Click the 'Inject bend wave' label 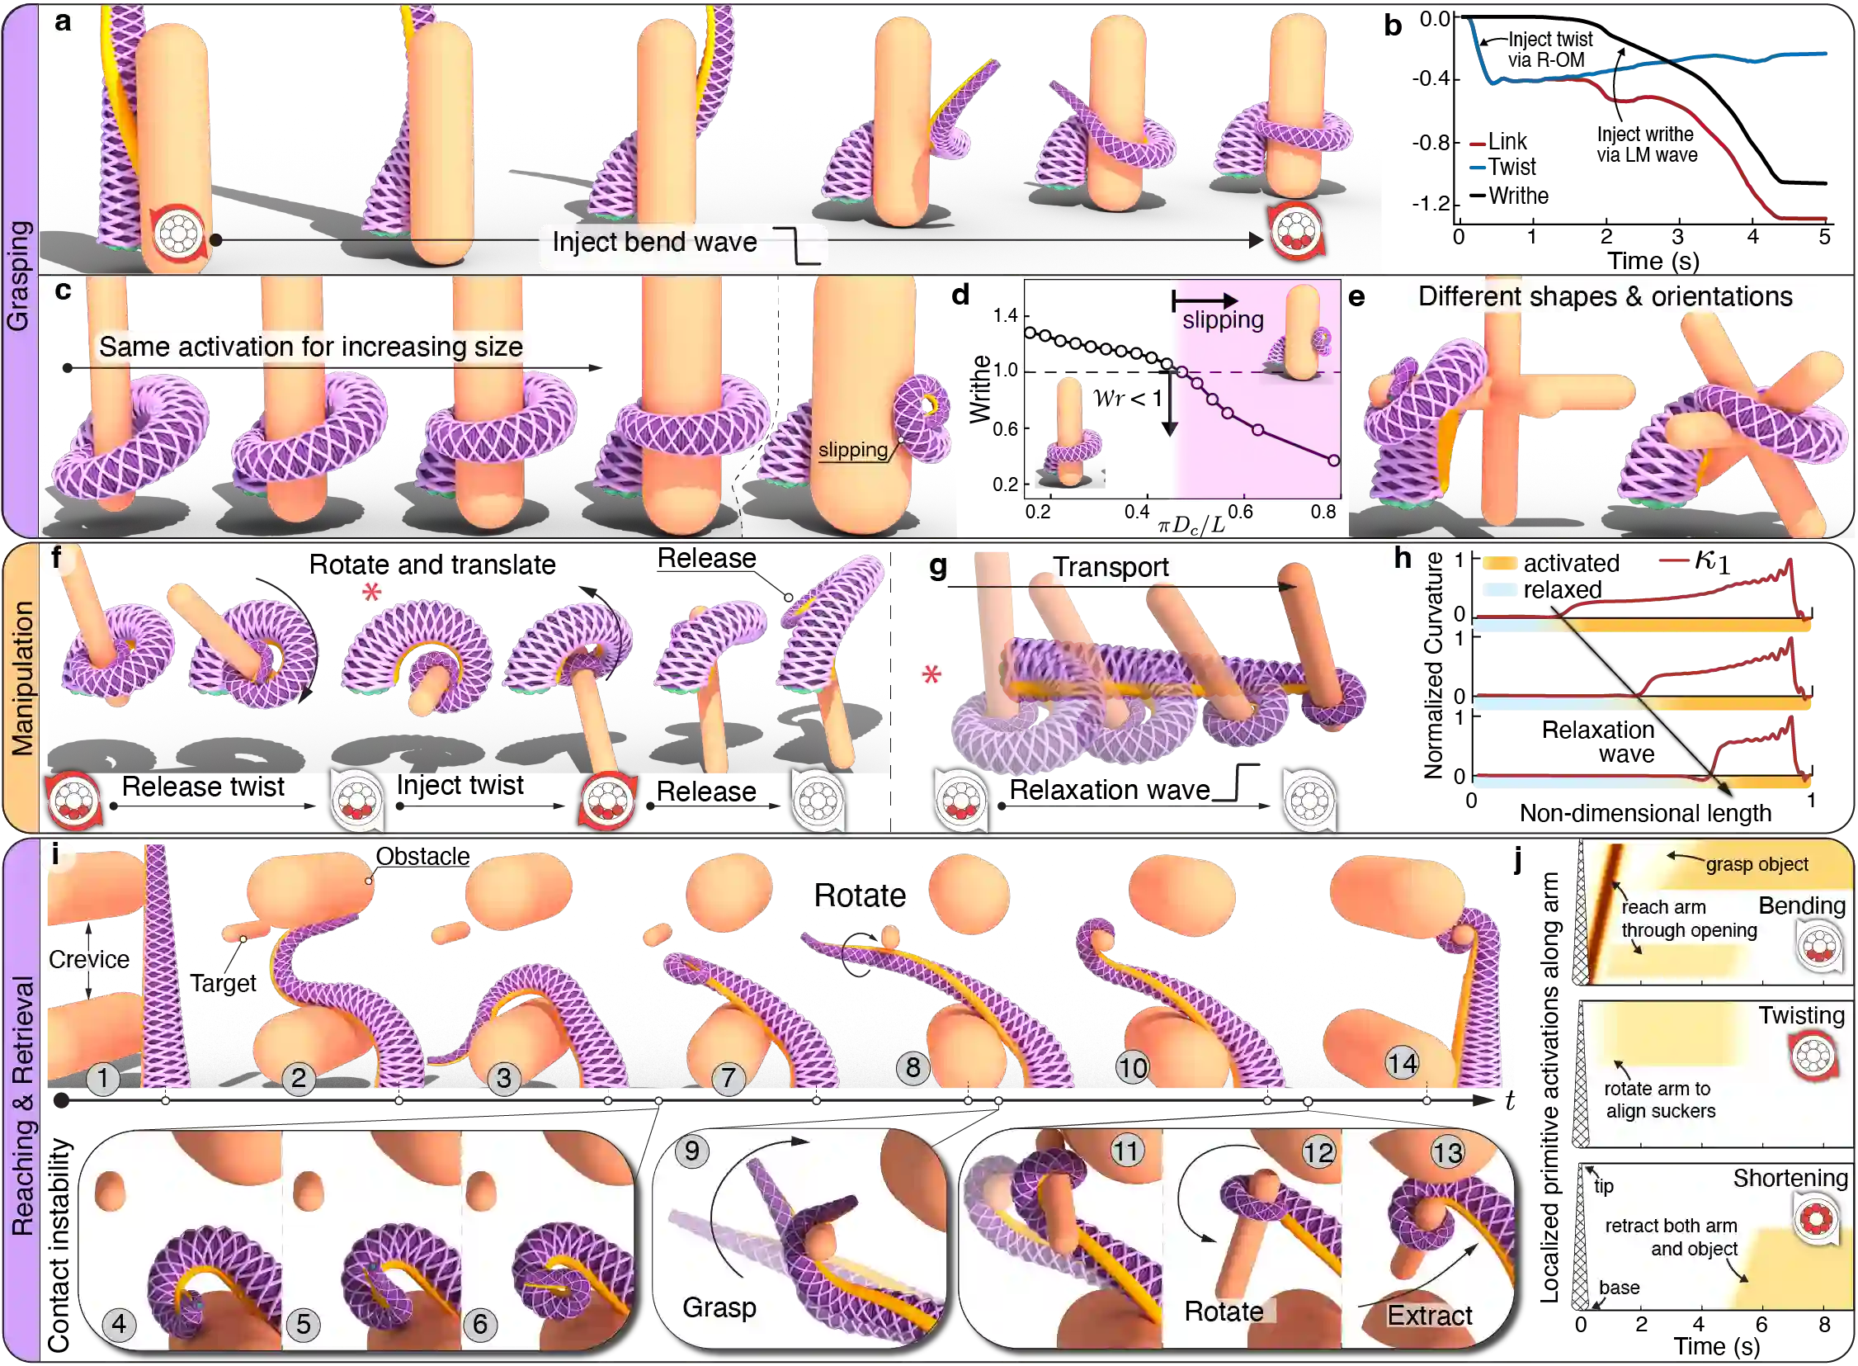click(x=654, y=243)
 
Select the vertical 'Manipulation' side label click(x=21, y=678)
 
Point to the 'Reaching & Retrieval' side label click(x=21, y=1106)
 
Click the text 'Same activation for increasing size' click(x=311, y=347)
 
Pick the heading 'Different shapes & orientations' click(x=1605, y=297)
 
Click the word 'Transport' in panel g click(x=1110, y=567)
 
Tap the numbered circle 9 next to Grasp click(x=691, y=1152)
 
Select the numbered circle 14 click(x=1402, y=1063)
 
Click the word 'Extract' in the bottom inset click(x=1429, y=1315)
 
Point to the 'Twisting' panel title click(x=1801, y=1015)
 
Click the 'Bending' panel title click(x=1801, y=905)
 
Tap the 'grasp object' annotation click(x=1757, y=864)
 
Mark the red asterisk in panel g click(x=931, y=674)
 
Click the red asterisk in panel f click(x=371, y=592)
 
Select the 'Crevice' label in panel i click(x=86, y=959)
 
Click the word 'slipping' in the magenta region click(x=1223, y=320)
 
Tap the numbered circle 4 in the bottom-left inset click(x=119, y=1325)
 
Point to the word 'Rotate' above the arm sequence click(x=860, y=896)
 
